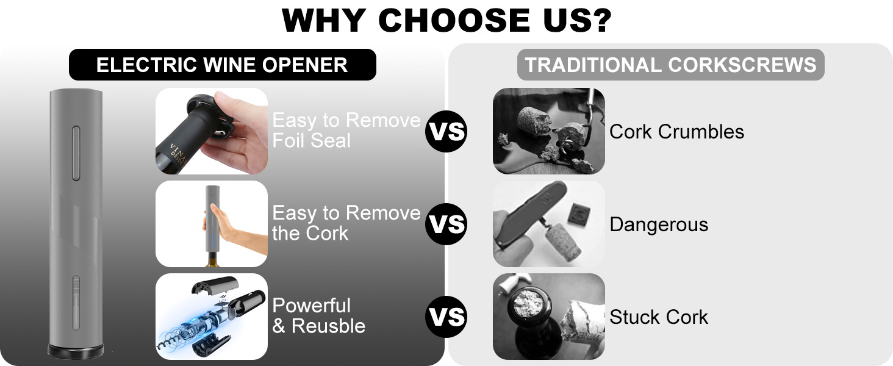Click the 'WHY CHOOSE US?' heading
point(446,20)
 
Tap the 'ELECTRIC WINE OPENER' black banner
point(223,65)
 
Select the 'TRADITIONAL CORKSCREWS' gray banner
point(670,65)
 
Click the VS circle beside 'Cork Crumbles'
point(446,131)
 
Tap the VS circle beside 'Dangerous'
point(446,224)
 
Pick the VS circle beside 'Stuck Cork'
point(446,317)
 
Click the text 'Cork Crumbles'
point(676,132)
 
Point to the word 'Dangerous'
point(659,224)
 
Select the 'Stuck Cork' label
point(659,317)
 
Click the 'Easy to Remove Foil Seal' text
point(346,131)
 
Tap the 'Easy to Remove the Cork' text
point(346,223)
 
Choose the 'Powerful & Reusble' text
point(318,316)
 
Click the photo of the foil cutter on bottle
point(211,131)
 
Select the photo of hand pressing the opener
point(211,224)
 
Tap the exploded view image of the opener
point(211,317)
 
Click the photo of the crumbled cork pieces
point(548,131)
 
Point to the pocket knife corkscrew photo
point(548,224)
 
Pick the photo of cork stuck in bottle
point(548,317)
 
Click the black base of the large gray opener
point(76,351)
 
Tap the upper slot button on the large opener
point(76,153)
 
